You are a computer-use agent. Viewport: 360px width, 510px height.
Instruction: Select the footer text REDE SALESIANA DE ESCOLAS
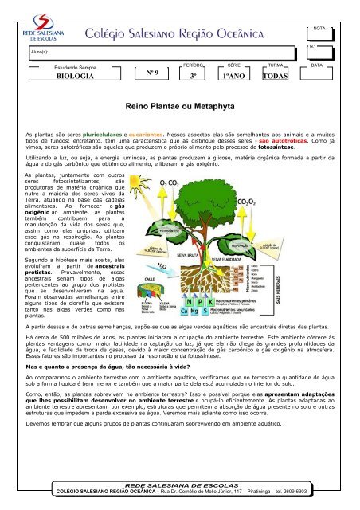click(180, 484)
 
